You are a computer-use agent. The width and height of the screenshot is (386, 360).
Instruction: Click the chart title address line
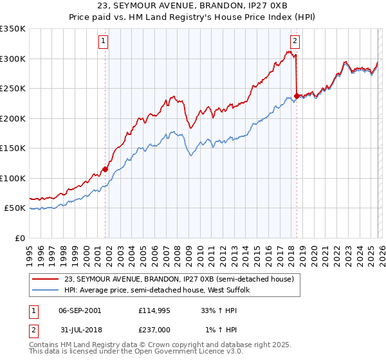193,6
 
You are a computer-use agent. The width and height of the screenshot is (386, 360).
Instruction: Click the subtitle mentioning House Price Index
193,17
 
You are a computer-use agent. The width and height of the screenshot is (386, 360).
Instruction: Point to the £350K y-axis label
13,29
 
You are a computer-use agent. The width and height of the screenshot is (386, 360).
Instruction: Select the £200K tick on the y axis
13,118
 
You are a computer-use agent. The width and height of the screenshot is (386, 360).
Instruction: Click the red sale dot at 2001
105,170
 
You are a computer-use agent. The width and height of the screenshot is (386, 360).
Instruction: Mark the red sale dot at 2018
296,96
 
